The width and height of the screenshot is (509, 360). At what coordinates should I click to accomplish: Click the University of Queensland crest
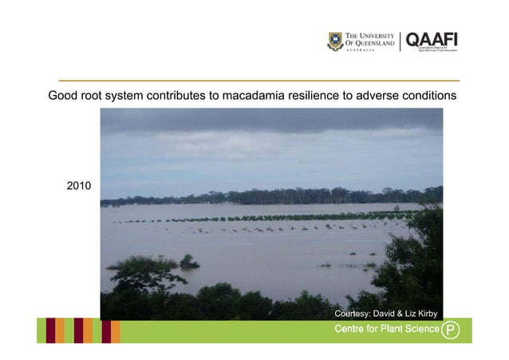click(335, 42)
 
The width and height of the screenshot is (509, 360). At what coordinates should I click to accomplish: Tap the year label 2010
click(78, 186)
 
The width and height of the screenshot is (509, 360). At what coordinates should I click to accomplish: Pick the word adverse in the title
click(378, 96)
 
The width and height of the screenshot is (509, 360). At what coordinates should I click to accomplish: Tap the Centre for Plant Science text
click(386, 329)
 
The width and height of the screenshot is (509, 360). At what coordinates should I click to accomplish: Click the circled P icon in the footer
click(452, 330)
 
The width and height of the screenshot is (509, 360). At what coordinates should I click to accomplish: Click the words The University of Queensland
click(369, 39)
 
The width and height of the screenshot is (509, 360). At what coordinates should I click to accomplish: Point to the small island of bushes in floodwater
click(189, 261)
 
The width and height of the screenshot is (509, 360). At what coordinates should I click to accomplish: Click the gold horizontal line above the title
click(254, 81)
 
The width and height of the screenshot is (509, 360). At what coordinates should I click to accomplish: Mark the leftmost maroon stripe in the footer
click(50, 330)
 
